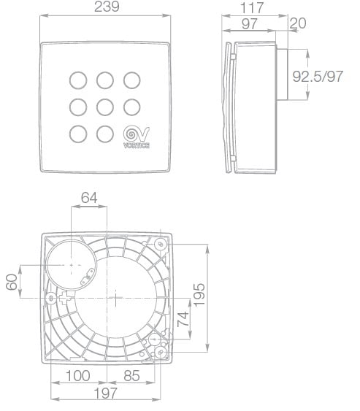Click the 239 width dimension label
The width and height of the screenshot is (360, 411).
coord(107,7)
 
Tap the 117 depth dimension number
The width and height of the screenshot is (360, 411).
coord(252,8)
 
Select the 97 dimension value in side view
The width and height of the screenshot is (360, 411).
coord(249,24)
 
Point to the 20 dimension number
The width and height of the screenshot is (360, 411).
coord(298,23)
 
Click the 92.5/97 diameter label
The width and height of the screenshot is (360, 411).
coord(318,76)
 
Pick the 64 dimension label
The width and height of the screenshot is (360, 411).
coord(89,198)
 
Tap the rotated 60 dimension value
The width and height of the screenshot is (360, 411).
coord(12,282)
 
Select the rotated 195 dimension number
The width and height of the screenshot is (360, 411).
coord(199,294)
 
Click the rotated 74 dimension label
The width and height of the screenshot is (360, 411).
coord(183,319)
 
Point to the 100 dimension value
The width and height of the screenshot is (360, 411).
coord(78,376)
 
